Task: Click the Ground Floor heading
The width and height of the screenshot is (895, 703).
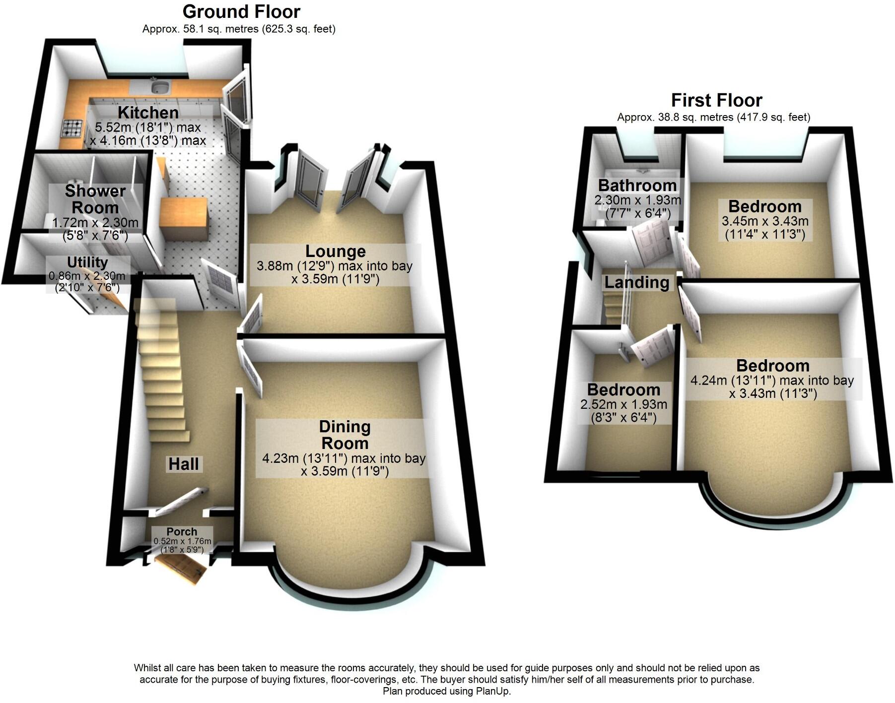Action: tap(241, 11)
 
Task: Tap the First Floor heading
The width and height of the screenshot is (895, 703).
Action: tap(716, 100)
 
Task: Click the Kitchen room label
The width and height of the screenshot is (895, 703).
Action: tap(148, 113)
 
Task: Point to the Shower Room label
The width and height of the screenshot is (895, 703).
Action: tap(95, 199)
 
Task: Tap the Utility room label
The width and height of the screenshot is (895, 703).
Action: tap(87, 262)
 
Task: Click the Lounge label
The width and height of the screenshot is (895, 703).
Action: tap(335, 252)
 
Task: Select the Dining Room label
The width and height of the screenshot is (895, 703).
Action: tap(344, 435)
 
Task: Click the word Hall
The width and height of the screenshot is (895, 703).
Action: tap(184, 464)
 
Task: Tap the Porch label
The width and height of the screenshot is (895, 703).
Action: tap(182, 531)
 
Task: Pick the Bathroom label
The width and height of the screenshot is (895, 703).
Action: tap(637, 186)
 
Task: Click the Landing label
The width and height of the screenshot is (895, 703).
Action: tap(636, 283)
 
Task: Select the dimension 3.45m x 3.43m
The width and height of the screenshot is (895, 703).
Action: tap(765, 221)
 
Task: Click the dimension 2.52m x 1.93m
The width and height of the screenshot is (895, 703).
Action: tap(623, 405)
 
